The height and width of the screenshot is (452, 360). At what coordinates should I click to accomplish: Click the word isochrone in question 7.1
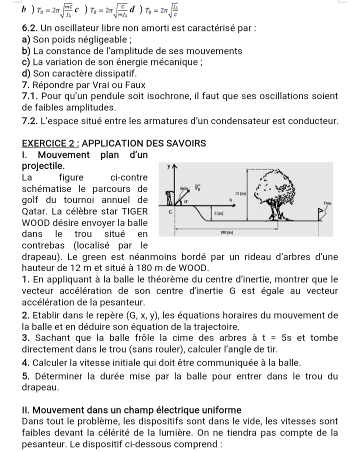click(159, 96)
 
